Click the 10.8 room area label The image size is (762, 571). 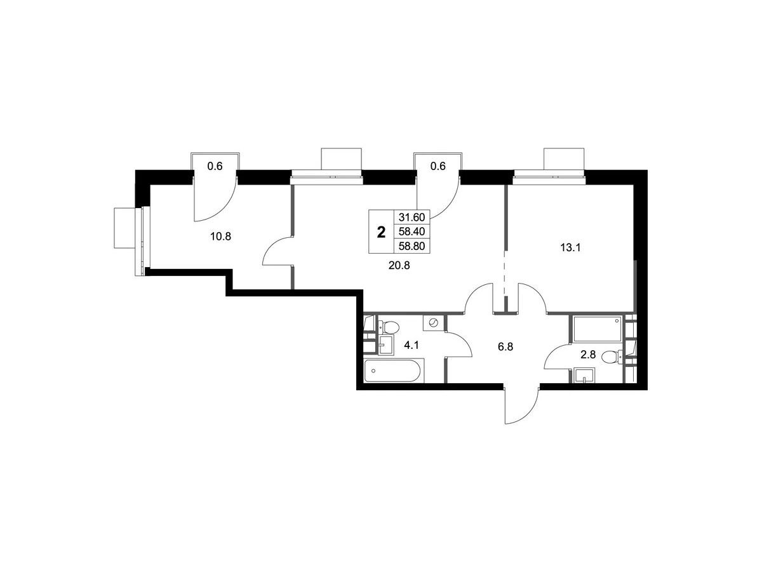click(220, 237)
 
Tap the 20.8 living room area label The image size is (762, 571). click(399, 266)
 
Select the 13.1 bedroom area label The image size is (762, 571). click(570, 248)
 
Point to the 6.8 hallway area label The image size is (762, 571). click(505, 346)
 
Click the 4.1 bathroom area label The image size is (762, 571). click(411, 345)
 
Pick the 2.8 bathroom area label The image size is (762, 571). click(588, 355)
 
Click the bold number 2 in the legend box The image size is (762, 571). click(381, 232)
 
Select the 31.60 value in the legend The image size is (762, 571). click(411, 218)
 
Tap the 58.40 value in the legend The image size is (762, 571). click(411, 231)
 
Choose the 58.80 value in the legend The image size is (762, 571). click(411, 246)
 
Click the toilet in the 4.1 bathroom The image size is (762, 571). click(389, 327)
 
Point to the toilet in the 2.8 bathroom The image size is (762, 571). click(612, 357)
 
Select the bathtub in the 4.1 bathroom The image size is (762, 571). click(394, 371)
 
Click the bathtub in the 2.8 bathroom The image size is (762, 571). click(597, 328)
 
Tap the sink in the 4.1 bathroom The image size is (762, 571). click(386, 345)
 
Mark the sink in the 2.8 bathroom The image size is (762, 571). click(584, 376)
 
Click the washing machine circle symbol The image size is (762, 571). click(433, 323)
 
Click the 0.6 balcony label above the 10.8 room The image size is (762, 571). click(215, 166)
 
